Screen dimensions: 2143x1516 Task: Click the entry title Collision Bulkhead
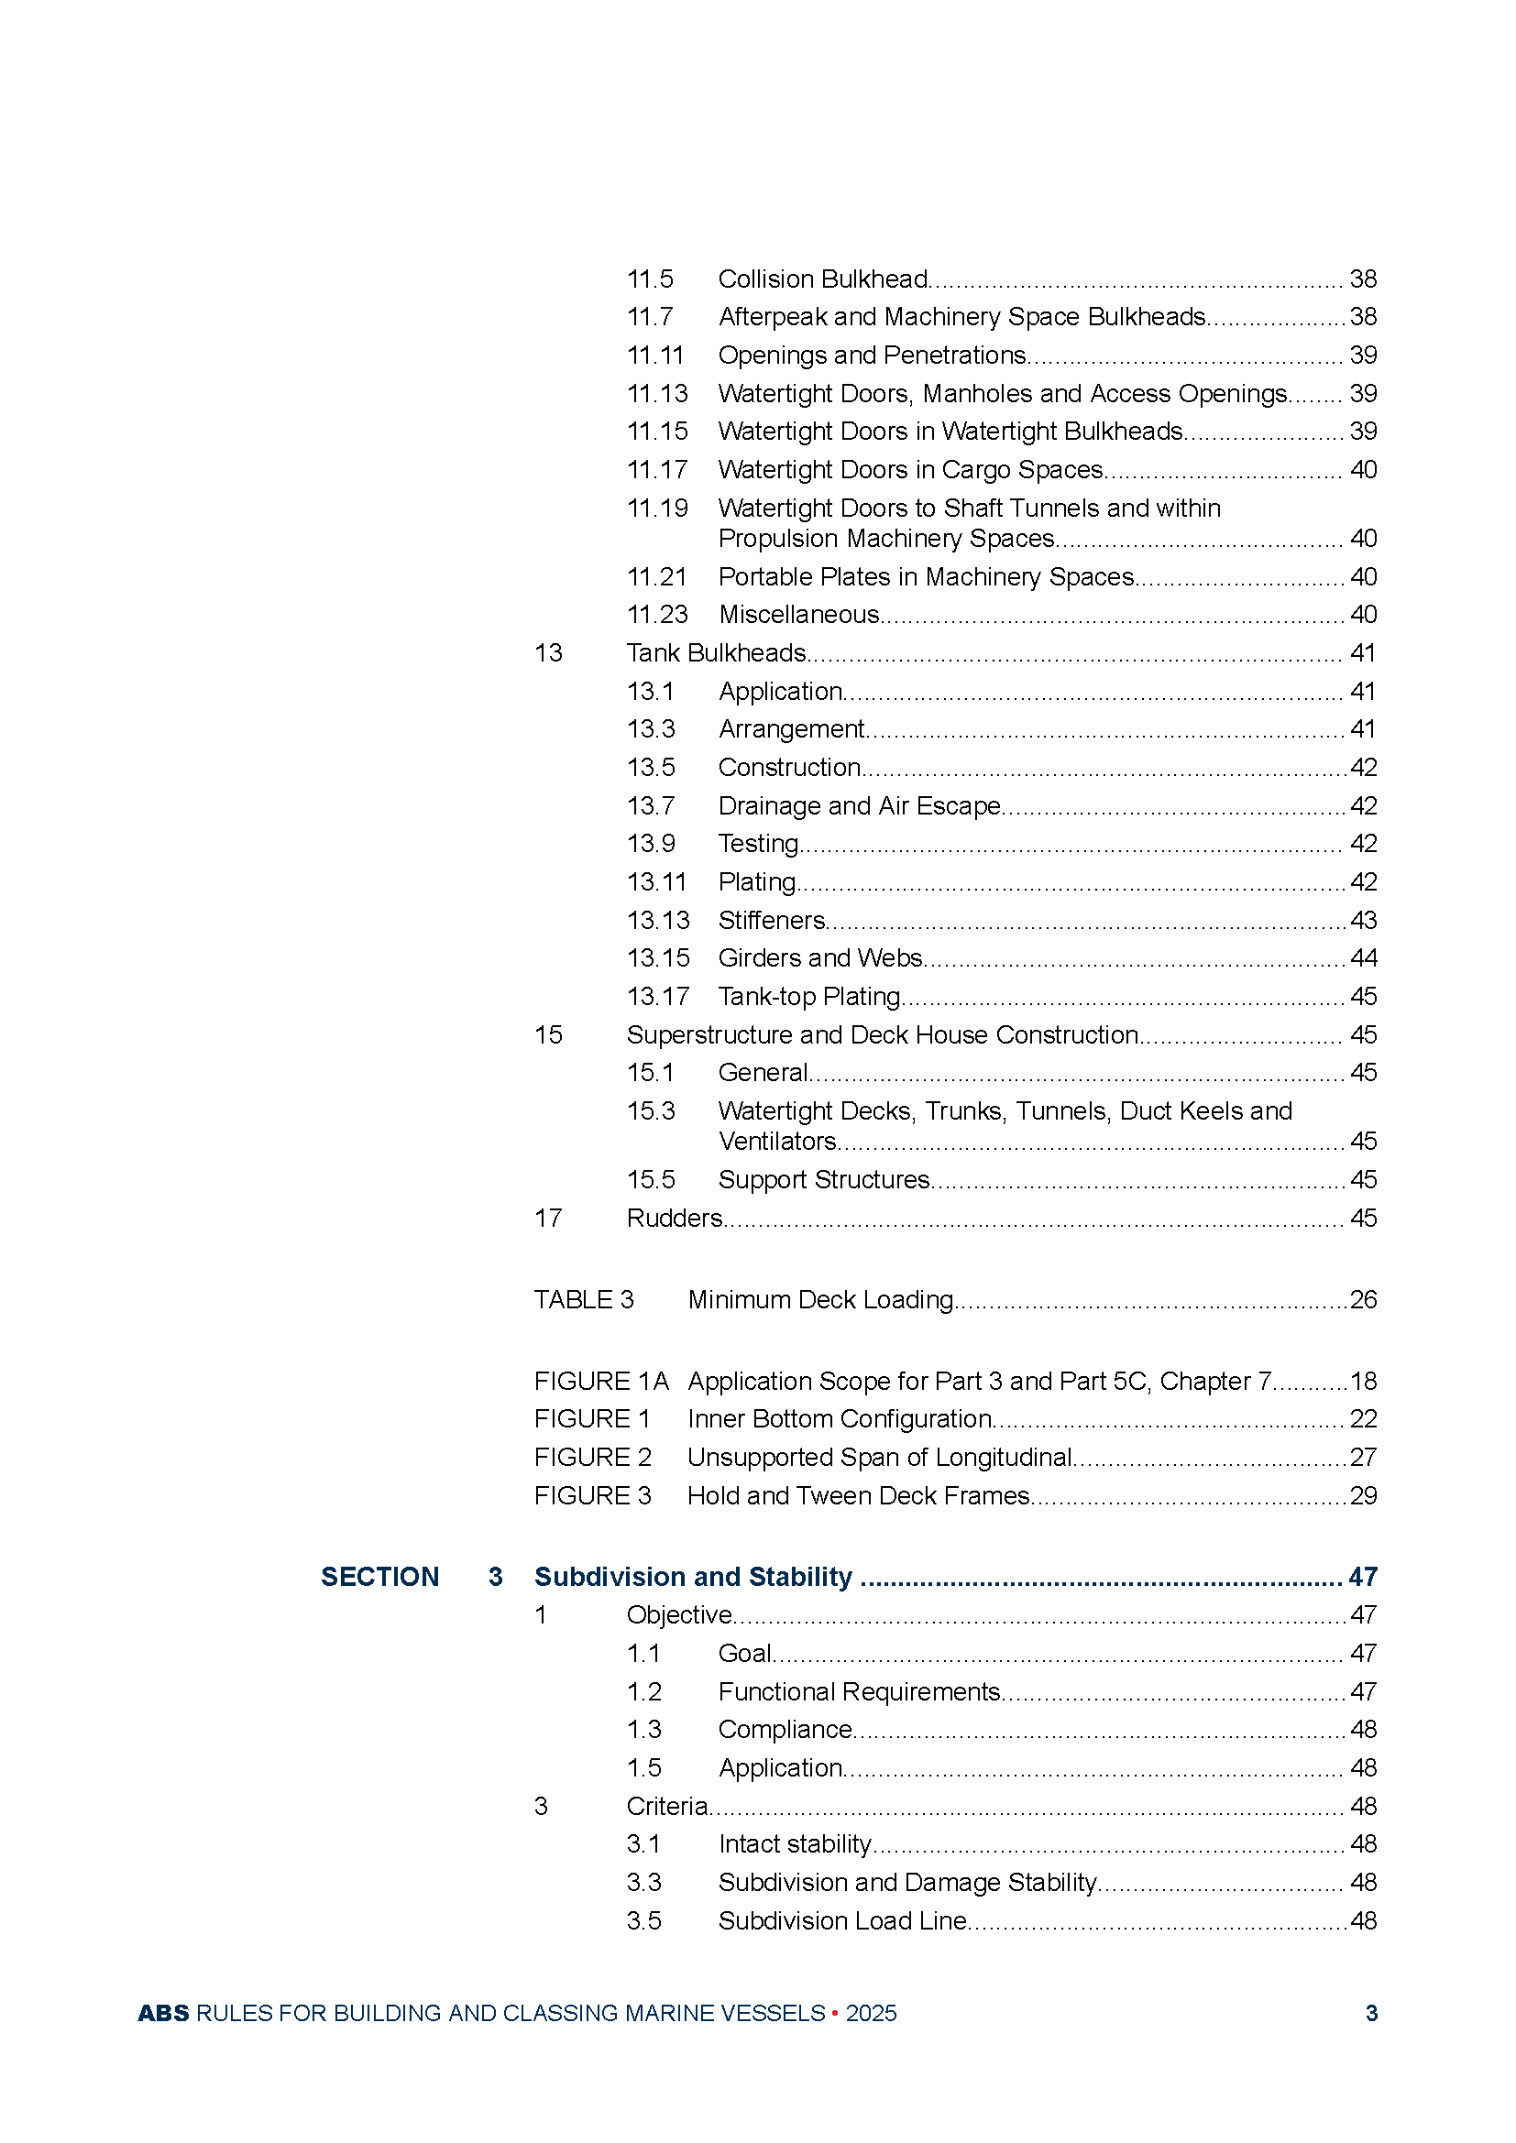pos(822,279)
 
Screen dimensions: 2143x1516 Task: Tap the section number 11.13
pos(657,394)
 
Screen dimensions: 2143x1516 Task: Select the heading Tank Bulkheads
pos(716,653)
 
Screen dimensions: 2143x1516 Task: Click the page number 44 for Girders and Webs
pos(1363,958)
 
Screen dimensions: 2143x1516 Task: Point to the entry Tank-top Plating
pos(809,997)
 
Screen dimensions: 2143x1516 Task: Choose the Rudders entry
pos(674,1218)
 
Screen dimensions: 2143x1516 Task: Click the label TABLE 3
pos(584,1300)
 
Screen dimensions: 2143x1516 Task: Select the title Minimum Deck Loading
pos(820,1300)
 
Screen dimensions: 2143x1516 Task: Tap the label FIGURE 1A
pos(601,1382)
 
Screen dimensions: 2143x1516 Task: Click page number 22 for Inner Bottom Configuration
pos(1363,1419)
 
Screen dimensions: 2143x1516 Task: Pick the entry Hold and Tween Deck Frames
pos(858,1496)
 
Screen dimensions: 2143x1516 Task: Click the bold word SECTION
pos(380,1578)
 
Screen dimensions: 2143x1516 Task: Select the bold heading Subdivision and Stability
pos(693,1578)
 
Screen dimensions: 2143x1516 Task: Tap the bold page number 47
pos(1363,1578)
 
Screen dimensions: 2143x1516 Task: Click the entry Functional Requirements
pos(859,1692)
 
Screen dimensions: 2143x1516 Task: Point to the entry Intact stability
pos(795,1844)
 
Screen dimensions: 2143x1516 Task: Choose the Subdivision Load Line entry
pos(842,1921)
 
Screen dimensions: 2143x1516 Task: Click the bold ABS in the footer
pos(163,2013)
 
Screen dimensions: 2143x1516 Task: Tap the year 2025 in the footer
pos(871,2013)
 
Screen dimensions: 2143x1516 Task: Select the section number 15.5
pos(651,1180)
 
